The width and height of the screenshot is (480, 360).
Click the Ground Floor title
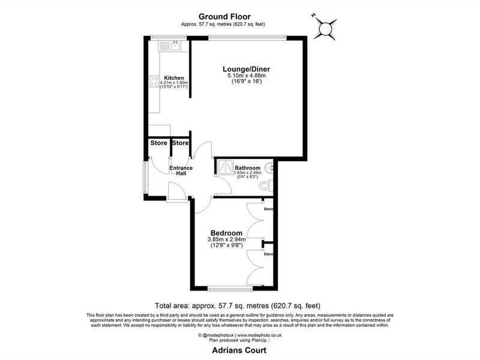(224, 17)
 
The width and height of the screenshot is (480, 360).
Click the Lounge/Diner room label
(246, 69)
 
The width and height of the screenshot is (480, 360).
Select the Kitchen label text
(174, 78)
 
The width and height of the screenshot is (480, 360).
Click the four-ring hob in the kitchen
(154, 81)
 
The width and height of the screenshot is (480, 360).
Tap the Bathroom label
(248, 168)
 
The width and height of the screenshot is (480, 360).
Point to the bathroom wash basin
(269, 168)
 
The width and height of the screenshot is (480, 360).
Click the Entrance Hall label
(181, 170)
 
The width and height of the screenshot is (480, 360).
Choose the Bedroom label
(226, 233)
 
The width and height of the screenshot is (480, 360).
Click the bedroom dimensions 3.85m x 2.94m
(227, 239)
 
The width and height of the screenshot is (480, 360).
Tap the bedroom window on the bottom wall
(230, 288)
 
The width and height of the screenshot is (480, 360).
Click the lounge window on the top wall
(247, 38)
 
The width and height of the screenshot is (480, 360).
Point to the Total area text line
(238, 305)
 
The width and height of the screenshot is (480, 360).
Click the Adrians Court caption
(239, 350)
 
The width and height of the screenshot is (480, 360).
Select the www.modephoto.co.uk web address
(260, 335)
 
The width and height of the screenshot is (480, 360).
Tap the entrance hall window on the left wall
(146, 177)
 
